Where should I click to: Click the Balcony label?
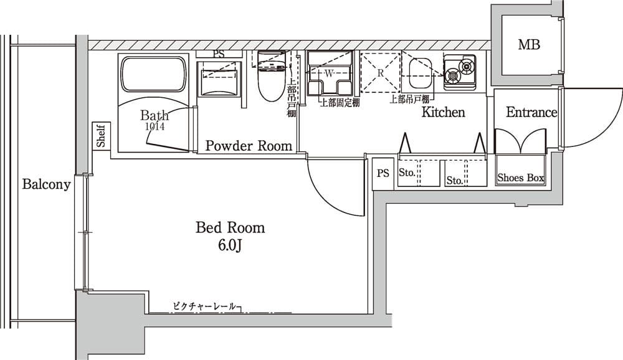(47, 184)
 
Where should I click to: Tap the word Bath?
(154, 115)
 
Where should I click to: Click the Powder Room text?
(249, 146)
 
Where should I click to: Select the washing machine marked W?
(330, 74)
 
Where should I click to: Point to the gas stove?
(459, 69)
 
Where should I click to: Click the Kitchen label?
(444, 112)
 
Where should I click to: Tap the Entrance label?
(531, 112)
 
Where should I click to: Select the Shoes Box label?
(520, 178)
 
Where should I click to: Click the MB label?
(529, 45)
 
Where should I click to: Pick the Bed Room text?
(230, 227)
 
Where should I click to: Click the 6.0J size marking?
(229, 245)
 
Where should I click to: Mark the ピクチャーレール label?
(204, 306)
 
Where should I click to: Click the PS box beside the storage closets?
(383, 173)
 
